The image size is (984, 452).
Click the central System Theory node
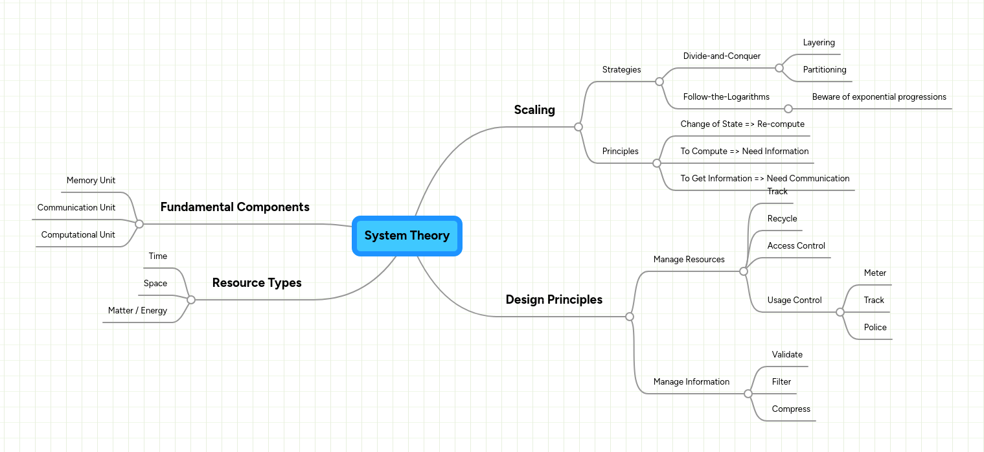(407, 236)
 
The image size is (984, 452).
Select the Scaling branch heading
(534, 110)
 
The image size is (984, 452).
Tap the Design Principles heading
(554, 300)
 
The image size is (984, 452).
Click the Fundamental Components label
(235, 207)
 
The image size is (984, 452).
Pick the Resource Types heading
(257, 283)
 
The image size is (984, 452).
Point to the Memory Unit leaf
(91, 181)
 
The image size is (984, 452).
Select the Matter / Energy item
(137, 311)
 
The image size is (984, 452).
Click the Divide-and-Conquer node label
(722, 56)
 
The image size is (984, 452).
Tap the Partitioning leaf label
(825, 70)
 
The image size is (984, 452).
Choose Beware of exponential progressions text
(879, 97)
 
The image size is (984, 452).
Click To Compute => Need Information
(744, 152)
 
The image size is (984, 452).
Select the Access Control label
(796, 246)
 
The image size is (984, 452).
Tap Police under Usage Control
(875, 328)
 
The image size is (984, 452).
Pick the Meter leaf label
(875, 273)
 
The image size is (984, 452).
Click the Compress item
(791, 409)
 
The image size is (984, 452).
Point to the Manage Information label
(691, 382)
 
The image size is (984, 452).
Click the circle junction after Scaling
(578, 127)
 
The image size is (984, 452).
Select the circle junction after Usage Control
(840, 312)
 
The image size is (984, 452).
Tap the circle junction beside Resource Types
(191, 300)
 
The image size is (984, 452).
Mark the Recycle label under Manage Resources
(782, 219)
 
